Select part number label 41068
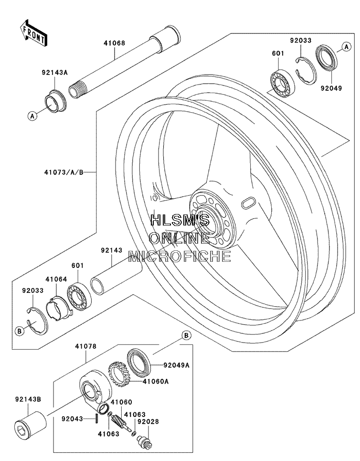coord(114,43)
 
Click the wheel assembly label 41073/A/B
coord(64,172)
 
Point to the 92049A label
coord(176,365)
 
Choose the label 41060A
coord(156,381)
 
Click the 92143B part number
coord(28,399)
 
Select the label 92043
coord(73,418)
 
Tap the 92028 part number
coord(148,422)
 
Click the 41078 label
coord(85,346)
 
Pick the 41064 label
coord(56,279)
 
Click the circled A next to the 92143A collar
coord(32,116)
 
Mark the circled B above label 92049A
coord(186,335)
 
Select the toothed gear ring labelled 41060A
coord(120,375)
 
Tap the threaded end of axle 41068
coord(77,88)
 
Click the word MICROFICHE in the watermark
coord(180,256)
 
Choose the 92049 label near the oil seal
coord(331,88)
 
